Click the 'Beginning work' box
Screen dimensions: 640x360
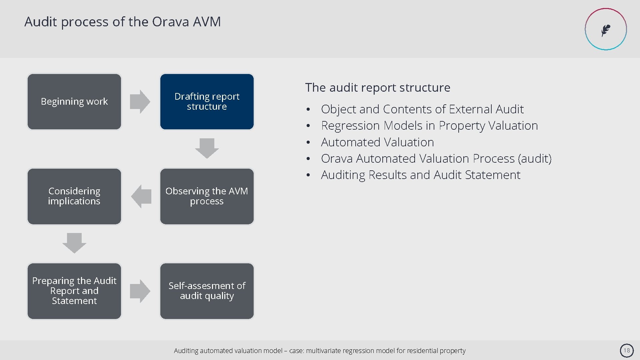74,102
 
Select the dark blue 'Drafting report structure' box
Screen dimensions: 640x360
207,102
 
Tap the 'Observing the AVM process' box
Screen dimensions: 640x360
207,196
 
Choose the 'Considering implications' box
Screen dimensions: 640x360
74,196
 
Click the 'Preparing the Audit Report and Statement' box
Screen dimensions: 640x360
74,291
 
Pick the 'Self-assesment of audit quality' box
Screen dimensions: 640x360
207,291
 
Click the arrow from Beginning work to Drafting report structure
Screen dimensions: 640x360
140,102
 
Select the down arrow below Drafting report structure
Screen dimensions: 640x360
207,148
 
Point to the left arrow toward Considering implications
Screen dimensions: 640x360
141,196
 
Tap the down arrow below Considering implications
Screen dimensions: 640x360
74,243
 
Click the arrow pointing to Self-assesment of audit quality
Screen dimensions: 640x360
140,291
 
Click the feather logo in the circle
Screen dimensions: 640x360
606,30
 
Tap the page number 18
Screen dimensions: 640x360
627,350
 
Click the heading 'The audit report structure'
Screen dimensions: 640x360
378,88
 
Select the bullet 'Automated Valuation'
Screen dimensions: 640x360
377,142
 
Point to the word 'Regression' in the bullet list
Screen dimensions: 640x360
350,126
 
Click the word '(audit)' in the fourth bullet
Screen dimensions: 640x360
535,159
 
